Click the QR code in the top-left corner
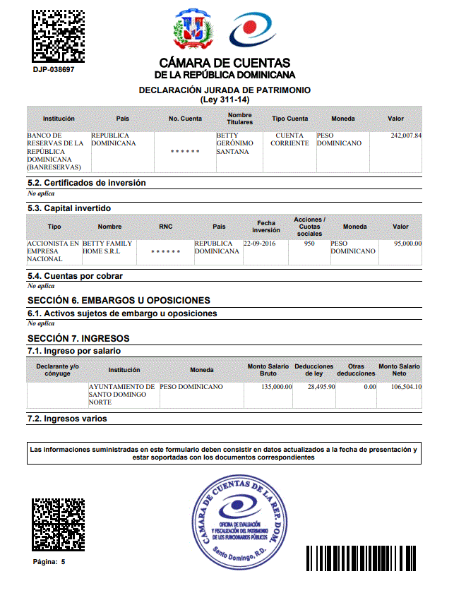click(x=59, y=36)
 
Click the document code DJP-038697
click(x=54, y=70)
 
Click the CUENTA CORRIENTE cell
click(x=289, y=139)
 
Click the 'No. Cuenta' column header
click(x=185, y=119)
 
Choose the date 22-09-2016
click(x=259, y=244)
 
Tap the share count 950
click(x=309, y=244)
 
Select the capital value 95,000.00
click(x=407, y=244)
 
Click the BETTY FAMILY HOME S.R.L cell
click(x=107, y=247)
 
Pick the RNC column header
click(x=166, y=227)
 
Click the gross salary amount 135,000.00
click(x=276, y=387)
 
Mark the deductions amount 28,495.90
click(x=320, y=387)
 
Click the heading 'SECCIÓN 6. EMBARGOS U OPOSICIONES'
click(x=119, y=301)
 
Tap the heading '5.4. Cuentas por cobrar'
click(x=75, y=276)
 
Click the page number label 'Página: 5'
click(x=49, y=562)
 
